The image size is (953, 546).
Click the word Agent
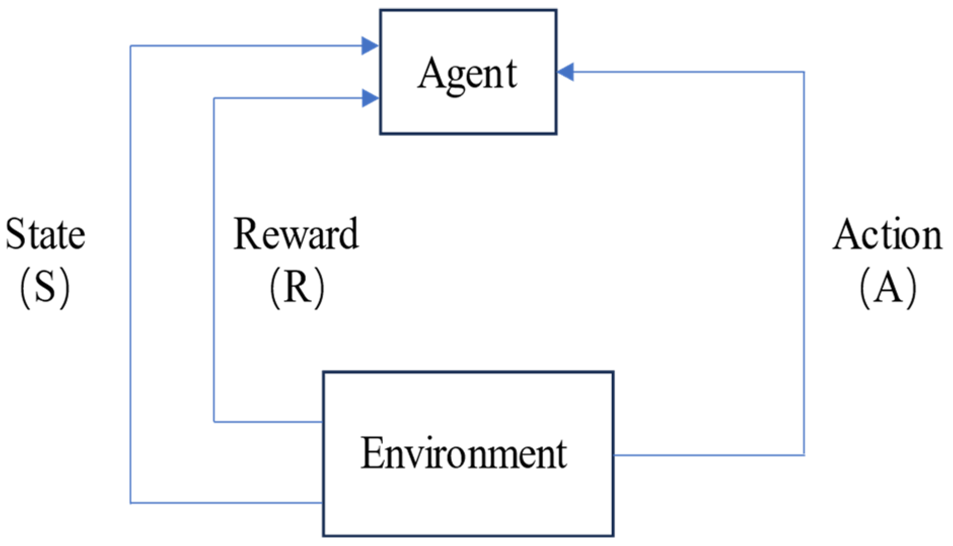point(467,74)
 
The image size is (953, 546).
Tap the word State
point(45,235)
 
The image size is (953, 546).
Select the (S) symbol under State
point(45,288)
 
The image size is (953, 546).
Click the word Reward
point(296,234)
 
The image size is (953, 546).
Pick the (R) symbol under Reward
point(297,288)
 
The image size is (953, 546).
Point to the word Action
point(887,235)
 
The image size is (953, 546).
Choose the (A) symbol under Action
point(888,288)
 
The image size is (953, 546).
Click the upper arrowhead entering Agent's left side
point(370,46)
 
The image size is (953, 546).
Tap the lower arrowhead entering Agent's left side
point(370,98)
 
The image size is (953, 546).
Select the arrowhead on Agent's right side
point(566,72)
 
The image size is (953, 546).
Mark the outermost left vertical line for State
point(131,274)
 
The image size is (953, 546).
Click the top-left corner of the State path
point(131,46)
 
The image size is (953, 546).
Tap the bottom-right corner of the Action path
point(804,455)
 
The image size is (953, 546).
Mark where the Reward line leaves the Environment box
point(323,421)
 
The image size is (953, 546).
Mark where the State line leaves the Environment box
point(323,503)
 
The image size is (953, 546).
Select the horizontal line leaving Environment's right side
point(710,455)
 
